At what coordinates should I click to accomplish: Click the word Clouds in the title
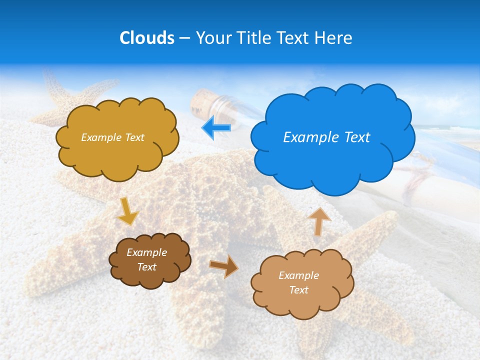pos(147,38)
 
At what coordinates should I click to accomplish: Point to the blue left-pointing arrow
pos(216,128)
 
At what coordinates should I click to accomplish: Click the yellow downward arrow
pos(127,211)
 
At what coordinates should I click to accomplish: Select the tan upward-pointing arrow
pos(319,220)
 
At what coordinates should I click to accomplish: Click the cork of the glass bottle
pos(202,101)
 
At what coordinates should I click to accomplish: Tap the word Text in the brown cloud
pos(147,267)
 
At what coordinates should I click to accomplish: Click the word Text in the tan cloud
pos(299,290)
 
